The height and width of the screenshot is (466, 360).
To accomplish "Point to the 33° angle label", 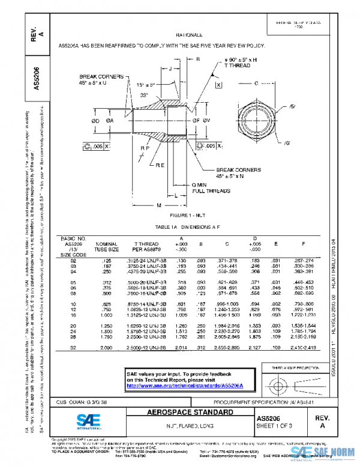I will coord(143,95).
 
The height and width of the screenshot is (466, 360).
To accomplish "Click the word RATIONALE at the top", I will coord(190,35).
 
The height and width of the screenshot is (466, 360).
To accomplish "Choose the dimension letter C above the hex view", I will coord(256,83).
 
